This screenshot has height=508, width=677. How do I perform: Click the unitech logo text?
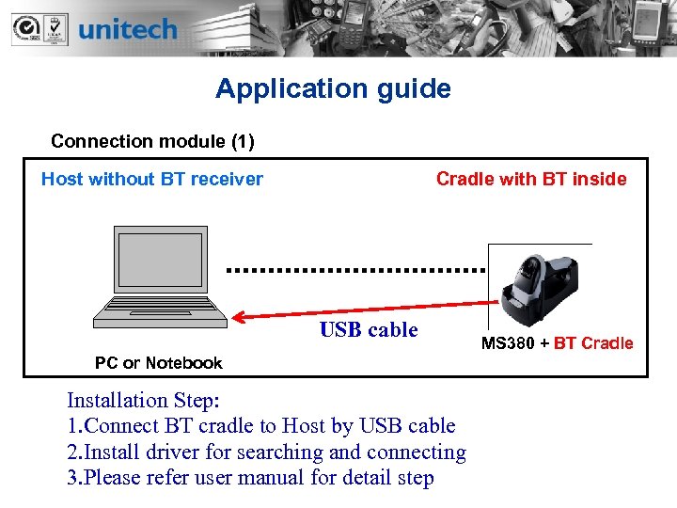click(128, 29)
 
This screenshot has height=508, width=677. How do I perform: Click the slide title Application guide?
click(333, 89)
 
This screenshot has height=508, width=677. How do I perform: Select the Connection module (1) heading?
click(152, 141)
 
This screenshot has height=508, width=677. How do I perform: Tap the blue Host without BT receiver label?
click(152, 179)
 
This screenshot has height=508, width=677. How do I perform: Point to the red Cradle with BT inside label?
click(531, 179)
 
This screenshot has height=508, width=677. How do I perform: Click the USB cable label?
click(369, 330)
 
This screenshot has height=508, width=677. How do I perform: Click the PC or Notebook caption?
click(159, 363)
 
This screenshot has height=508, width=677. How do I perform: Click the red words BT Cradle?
click(593, 343)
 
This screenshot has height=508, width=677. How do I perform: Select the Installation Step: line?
click(142, 402)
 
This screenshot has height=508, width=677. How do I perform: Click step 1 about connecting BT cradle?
click(261, 426)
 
